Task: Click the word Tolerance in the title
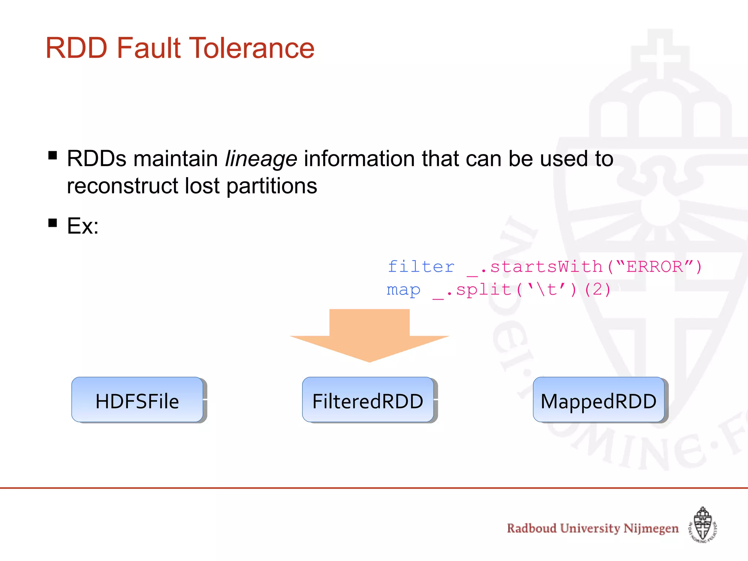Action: [x=252, y=48]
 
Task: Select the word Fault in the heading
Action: [x=149, y=48]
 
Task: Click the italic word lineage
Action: [x=261, y=159]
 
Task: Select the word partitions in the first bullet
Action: [x=272, y=186]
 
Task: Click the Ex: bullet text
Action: [x=83, y=226]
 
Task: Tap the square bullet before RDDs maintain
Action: [x=53, y=156]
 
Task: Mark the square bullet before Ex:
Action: [x=53, y=223]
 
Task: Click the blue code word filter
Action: [x=421, y=267]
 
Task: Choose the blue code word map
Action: [x=403, y=290]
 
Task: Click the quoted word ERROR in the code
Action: [x=654, y=267]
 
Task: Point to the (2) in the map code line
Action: [x=597, y=290]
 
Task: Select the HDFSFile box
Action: [x=137, y=400]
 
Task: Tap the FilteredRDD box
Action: [x=368, y=400]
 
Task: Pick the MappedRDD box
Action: [x=599, y=400]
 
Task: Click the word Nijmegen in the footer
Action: [x=651, y=528]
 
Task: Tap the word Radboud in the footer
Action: [x=531, y=528]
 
